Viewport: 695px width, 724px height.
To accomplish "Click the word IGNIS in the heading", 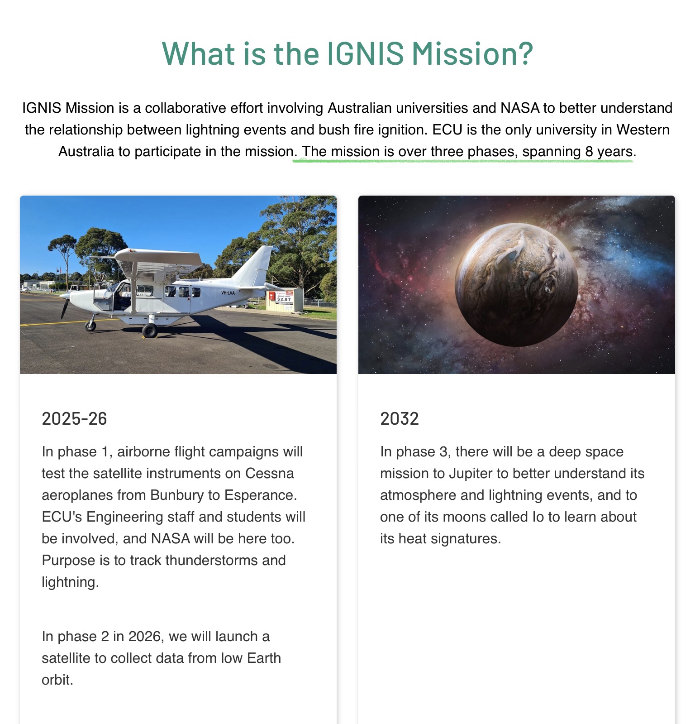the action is coord(365,53).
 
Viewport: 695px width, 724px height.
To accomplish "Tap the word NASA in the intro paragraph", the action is coord(520,108).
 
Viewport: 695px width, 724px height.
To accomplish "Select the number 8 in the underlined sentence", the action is coord(589,152).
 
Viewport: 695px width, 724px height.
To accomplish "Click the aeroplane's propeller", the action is coord(64,304).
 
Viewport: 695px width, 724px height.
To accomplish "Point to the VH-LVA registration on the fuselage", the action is coord(228,293).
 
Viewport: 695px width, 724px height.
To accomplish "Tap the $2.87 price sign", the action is coord(284,299).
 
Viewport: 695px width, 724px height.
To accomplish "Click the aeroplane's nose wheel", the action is coord(90,326).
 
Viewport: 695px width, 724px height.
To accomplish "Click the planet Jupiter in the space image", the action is coord(516,285).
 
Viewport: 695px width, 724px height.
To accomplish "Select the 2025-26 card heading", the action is coord(74,419).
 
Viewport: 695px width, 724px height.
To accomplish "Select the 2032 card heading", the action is coord(400,419).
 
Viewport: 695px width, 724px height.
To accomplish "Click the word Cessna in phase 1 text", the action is coord(270,474).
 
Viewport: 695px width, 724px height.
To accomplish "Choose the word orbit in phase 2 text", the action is coord(57,680).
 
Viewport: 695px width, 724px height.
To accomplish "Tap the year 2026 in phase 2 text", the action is coord(144,637).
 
